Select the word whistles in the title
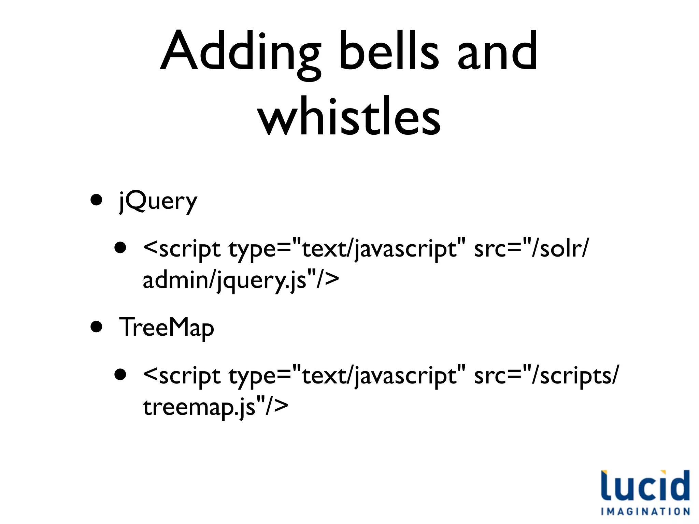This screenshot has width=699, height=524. point(349,116)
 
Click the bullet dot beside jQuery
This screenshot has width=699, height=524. point(97,200)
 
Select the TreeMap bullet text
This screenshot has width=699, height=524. point(166,327)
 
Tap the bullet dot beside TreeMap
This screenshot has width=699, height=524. point(97,326)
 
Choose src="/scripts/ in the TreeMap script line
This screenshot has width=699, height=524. point(546,376)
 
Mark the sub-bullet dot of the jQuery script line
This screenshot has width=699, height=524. point(120,248)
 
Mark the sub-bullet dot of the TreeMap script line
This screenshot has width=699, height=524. point(120,375)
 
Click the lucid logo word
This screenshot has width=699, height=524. point(645,486)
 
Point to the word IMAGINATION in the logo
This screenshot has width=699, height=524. point(645,512)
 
